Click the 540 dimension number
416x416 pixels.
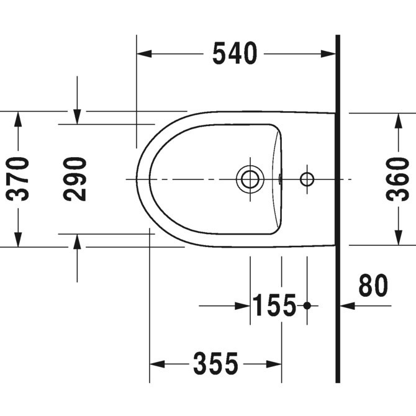click(x=234, y=54)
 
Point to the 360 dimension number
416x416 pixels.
click(x=398, y=179)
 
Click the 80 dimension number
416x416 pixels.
click(x=373, y=286)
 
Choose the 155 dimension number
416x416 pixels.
click(x=274, y=305)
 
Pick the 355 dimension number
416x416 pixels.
click(x=215, y=364)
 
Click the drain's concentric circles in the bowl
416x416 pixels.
click(x=250, y=179)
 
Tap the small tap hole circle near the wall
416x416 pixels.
click(x=307, y=179)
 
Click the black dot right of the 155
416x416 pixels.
click(x=307, y=305)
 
